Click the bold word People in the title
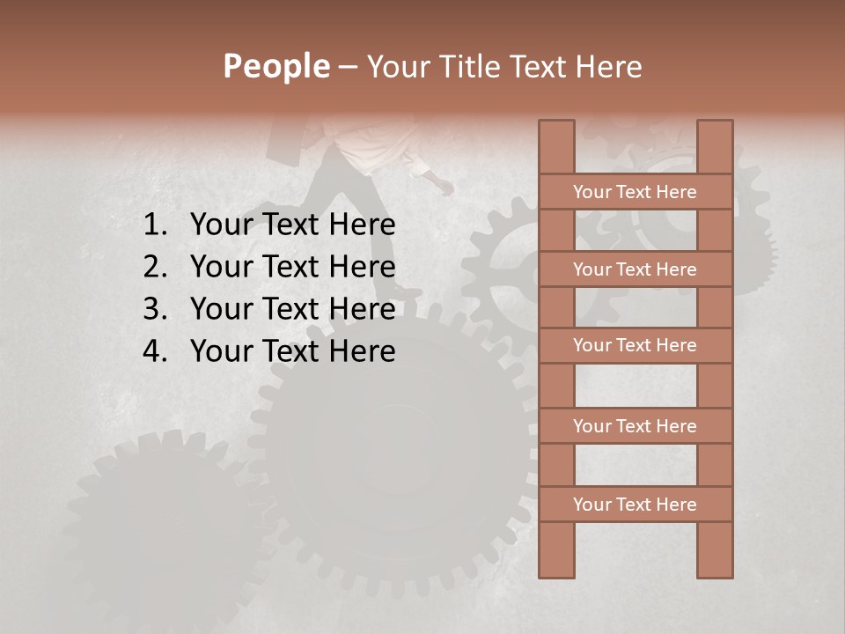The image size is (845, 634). click(276, 67)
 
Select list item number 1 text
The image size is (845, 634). click(292, 225)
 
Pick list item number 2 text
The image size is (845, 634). click(292, 267)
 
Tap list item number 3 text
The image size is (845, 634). click(292, 309)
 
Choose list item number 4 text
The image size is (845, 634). click(292, 351)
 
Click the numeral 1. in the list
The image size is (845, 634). click(154, 225)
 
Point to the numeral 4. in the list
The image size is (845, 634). click(154, 351)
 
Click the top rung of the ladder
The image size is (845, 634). click(635, 192)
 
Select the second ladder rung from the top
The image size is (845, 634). click(635, 269)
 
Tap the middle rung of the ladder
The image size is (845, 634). click(635, 345)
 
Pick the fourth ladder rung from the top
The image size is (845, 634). click(635, 426)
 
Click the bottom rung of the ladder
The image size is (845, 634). click(635, 505)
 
